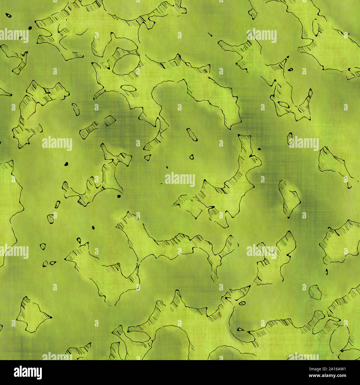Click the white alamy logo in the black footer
point(28,372)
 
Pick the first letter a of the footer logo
point(17,373)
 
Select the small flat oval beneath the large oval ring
point(128,88)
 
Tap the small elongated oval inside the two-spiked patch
point(283,104)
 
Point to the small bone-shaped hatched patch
point(89,130)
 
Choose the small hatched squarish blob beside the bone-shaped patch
point(110,120)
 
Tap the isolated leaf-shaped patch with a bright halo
point(289,198)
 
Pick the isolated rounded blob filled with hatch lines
point(315,292)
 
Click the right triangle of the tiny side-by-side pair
point(52,263)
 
